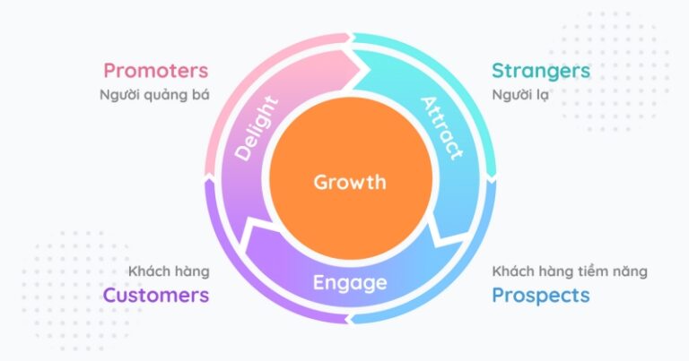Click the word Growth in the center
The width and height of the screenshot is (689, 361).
point(349,183)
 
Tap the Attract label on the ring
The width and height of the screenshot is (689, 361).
point(441,127)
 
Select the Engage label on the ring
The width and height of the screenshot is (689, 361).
point(350,283)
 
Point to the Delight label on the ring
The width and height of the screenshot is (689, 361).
point(257,128)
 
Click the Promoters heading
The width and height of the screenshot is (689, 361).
point(155,70)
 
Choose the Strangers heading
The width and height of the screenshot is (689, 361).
point(540,70)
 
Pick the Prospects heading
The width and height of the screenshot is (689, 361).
point(540,295)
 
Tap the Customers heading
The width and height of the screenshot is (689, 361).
point(155,295)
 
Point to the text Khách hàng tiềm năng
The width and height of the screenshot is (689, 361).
point(570,270)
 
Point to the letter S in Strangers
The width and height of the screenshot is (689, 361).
point(498,70)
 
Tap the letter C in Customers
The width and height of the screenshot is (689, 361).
point(110,295)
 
